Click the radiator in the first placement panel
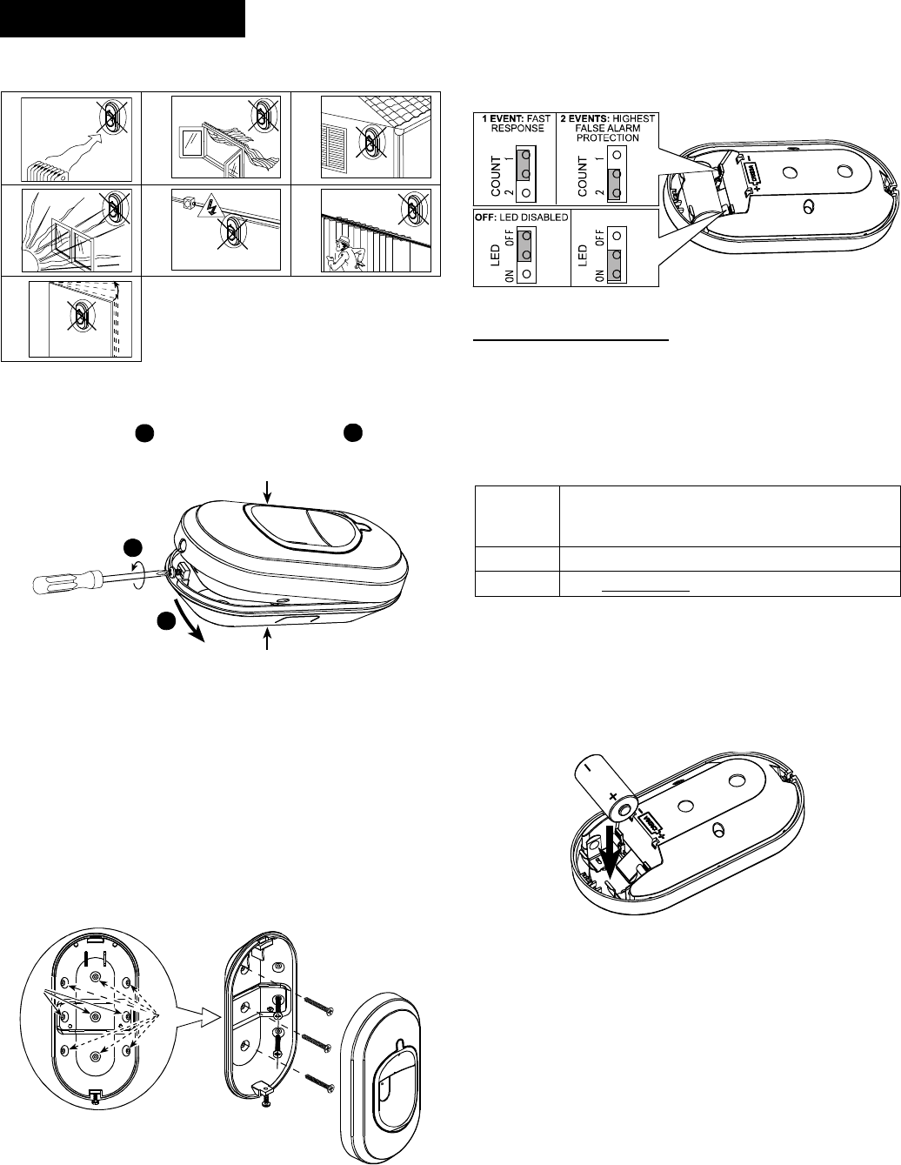pos(47,170)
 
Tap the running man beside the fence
pos(343,252)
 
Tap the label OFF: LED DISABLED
pos(521,218)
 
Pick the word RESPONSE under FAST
pos(517,128)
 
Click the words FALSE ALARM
pos(607,128)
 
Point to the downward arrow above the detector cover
pos(268,492)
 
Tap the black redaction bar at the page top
pos(122,18)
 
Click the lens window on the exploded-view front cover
pos(396,1071)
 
